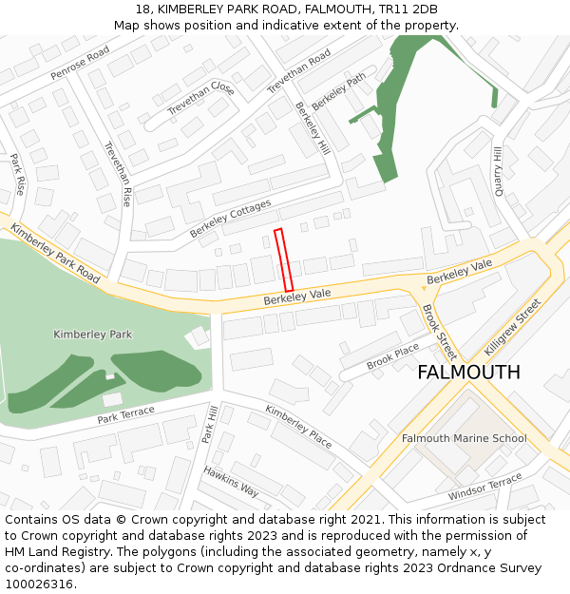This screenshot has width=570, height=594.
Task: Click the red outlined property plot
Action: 283,259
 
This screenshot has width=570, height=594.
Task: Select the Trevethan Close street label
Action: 200,99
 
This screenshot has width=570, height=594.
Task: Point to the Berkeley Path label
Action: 339,91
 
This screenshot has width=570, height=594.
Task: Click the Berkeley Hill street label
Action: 313,127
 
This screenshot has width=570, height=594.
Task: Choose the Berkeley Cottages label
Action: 230,219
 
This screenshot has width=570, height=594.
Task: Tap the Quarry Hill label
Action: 497,167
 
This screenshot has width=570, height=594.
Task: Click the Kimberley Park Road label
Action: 55,253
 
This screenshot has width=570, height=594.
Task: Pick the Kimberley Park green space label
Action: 93,335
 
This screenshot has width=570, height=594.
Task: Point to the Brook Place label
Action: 392,357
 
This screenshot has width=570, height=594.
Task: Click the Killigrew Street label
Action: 512,327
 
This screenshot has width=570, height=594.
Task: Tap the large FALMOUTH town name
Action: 468,373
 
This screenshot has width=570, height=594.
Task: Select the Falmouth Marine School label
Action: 464,438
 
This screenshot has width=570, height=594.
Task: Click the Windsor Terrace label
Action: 484,487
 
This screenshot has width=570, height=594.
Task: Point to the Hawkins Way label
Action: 231,481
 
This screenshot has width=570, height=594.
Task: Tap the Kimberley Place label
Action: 298,427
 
